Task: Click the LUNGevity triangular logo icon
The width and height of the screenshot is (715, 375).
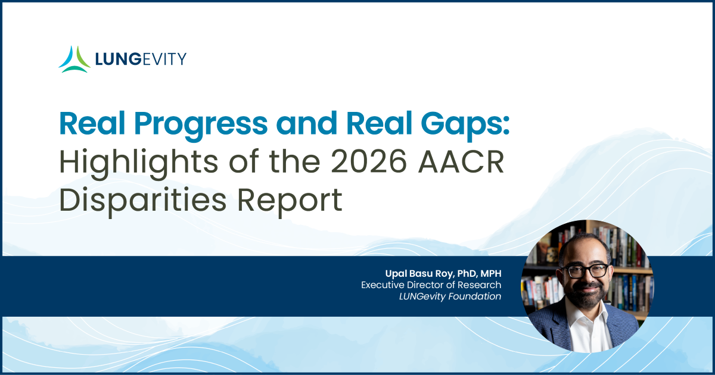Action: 74,60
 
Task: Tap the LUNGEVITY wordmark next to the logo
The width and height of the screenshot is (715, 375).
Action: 141,60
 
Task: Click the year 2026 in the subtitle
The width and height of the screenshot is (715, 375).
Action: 369,162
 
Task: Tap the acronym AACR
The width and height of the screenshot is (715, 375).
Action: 461,162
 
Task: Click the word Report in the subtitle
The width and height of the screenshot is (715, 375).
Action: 290,201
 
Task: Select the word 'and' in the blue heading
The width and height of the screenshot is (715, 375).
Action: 307,123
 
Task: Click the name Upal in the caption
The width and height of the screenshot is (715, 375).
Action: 396,274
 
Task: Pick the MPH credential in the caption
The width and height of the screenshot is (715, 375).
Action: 491,273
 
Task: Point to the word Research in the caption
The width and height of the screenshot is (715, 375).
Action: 480,285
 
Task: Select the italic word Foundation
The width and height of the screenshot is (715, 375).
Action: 475,296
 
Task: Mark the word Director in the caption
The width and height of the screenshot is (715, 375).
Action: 425,285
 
